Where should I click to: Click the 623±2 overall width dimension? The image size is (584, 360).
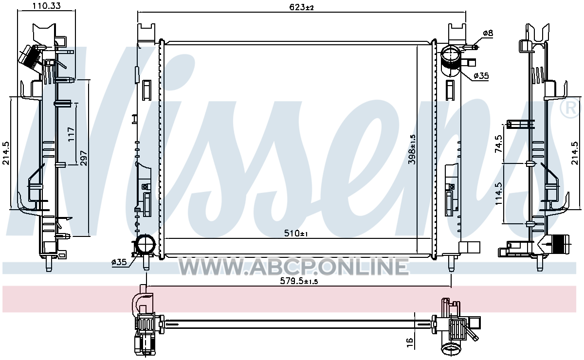pos(301,7)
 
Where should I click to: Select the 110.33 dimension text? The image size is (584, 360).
pos(46,6)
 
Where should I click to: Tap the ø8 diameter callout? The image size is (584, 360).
pos(488,33)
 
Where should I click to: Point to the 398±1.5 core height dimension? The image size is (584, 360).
pos(412,149)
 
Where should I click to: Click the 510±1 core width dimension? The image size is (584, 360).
pos(296,233)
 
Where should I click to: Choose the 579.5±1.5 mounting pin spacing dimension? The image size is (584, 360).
pos(299,281)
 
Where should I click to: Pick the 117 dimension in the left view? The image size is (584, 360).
pos(71,134)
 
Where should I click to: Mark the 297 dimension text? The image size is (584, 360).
pos(83,158)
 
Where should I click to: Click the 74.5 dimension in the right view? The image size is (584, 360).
pos(498,144)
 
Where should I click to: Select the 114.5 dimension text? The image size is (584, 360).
pos(498,194)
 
